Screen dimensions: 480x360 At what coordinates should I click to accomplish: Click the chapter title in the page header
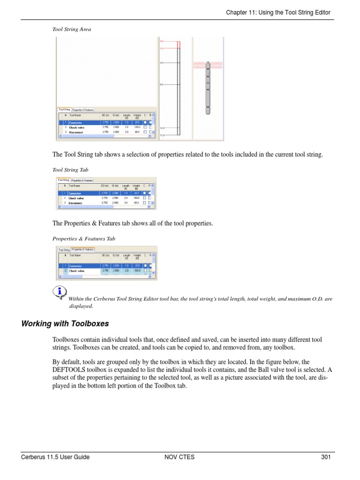pos(278,12)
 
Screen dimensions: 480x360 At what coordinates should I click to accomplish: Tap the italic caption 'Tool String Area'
pos(71,29)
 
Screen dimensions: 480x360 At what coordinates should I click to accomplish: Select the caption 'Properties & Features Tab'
pos(83,239)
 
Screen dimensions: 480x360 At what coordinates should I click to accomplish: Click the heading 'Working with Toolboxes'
pos(65,323)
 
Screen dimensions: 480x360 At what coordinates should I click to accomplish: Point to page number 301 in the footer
pos(326,457)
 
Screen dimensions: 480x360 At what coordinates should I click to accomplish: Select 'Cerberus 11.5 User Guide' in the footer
pos(55,457)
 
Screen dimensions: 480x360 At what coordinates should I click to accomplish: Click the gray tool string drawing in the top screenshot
pos(208,89)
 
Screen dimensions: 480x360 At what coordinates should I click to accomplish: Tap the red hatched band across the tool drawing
pos(207,65)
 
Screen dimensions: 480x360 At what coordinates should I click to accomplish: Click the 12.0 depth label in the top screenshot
pos(162,127)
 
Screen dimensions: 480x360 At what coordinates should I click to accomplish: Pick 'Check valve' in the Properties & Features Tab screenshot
pos(76,271)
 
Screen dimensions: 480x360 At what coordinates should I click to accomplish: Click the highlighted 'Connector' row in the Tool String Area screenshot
pos(76,122)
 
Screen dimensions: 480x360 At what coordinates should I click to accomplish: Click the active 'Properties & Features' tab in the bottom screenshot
pos(83,249)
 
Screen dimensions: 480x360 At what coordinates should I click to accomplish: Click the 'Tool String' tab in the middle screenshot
pos(63,180)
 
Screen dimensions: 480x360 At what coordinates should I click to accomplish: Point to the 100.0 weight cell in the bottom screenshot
pos(137,271)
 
